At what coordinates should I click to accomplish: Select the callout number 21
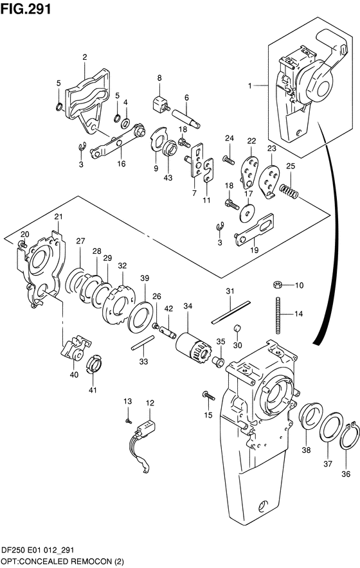(58, 217)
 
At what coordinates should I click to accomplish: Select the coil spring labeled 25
(291, 190)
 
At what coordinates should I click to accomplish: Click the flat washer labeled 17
(248, 208)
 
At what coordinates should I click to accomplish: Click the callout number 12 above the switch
(149, 403)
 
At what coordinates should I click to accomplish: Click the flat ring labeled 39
(140, 315)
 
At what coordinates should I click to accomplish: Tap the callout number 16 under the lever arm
(121, 164)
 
